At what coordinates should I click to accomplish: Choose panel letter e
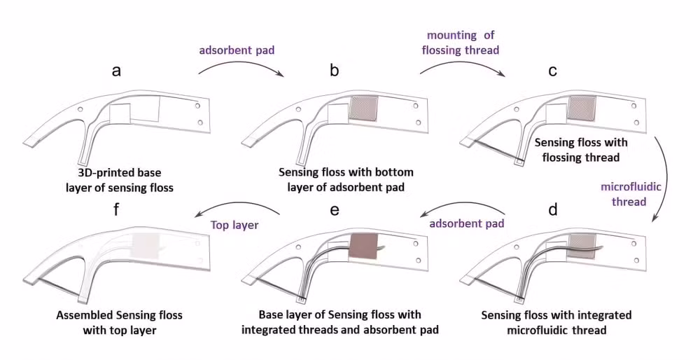335,209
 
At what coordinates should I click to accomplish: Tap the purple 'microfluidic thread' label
627,193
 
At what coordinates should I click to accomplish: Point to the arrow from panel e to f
238,208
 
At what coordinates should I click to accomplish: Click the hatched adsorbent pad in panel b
363,109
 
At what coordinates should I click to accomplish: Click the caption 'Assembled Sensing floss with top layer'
119,322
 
